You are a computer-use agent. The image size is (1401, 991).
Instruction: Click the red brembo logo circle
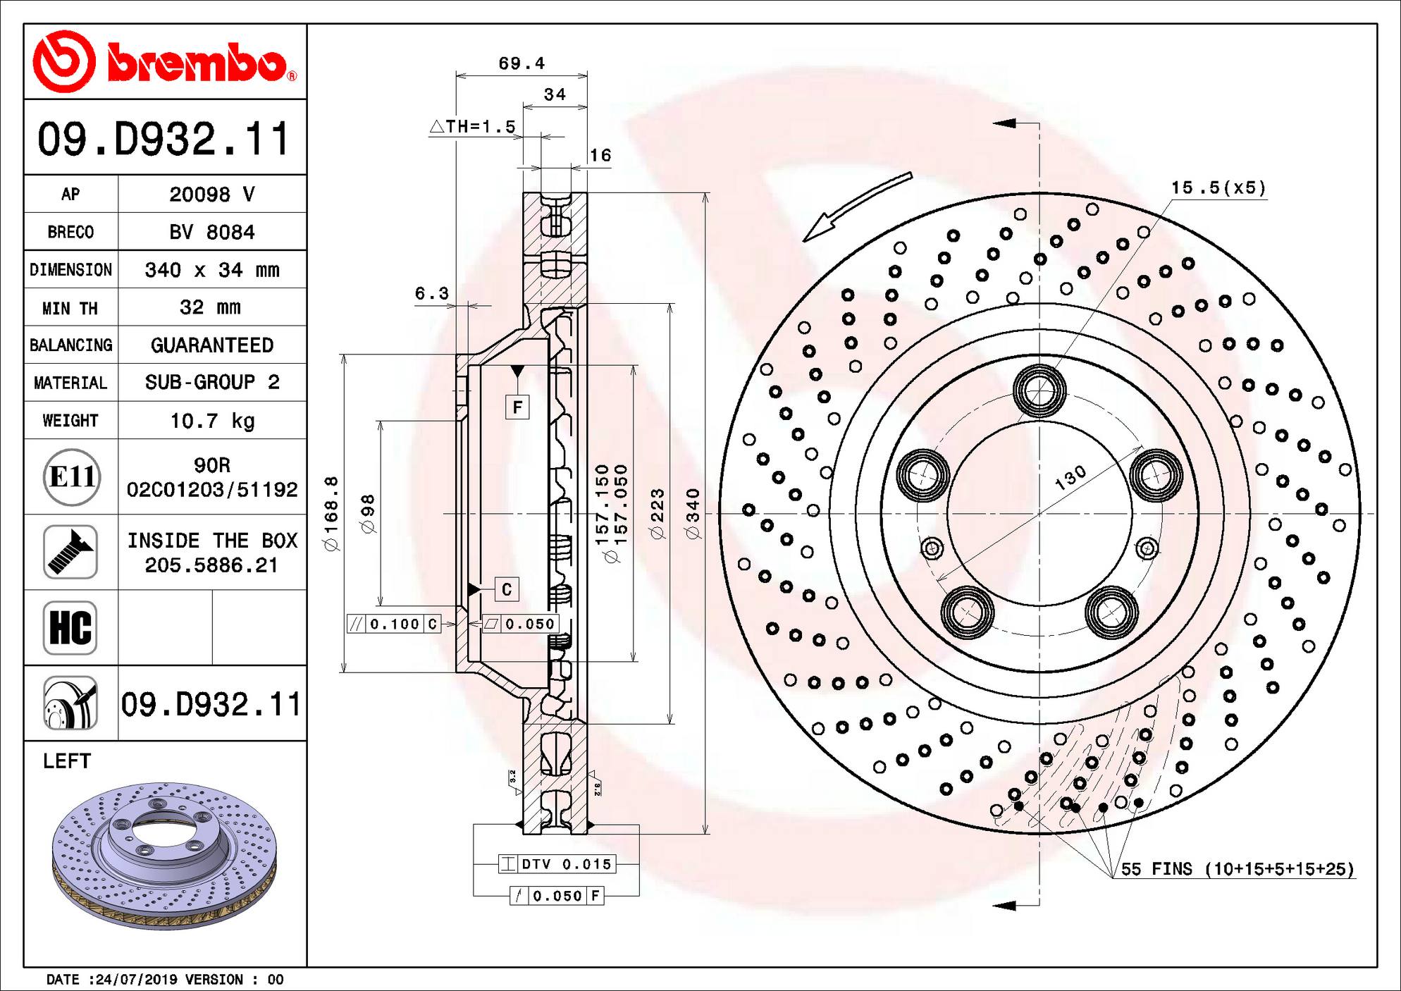click(64, 62)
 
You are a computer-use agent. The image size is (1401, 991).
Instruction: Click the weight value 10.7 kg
click(212, 421)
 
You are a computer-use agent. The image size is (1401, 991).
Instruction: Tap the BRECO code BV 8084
click(211, 232)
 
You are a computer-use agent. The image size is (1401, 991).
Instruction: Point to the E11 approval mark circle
click(71, 477)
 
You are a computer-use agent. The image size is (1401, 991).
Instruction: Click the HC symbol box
click(70, 627)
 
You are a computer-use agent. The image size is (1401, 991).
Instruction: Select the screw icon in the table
click(70, 552)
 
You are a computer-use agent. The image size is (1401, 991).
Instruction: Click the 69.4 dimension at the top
click(521, 63)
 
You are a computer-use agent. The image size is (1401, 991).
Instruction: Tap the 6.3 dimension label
click(431, 293)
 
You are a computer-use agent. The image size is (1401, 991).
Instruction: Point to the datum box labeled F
click(517, 407)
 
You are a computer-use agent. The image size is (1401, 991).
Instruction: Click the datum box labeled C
click(507, 589)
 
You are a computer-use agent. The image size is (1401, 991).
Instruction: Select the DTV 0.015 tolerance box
click(557, 864)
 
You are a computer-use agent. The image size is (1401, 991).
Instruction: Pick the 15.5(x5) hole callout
click(1218, 188)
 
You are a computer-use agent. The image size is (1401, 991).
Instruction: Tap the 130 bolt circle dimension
click(1070, 478)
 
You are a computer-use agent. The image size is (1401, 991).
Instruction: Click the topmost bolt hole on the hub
click(1039, 390)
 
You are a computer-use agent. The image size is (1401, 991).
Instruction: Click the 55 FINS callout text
click(1238, 869)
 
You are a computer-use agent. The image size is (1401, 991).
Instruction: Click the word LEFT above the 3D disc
click(67, 761)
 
